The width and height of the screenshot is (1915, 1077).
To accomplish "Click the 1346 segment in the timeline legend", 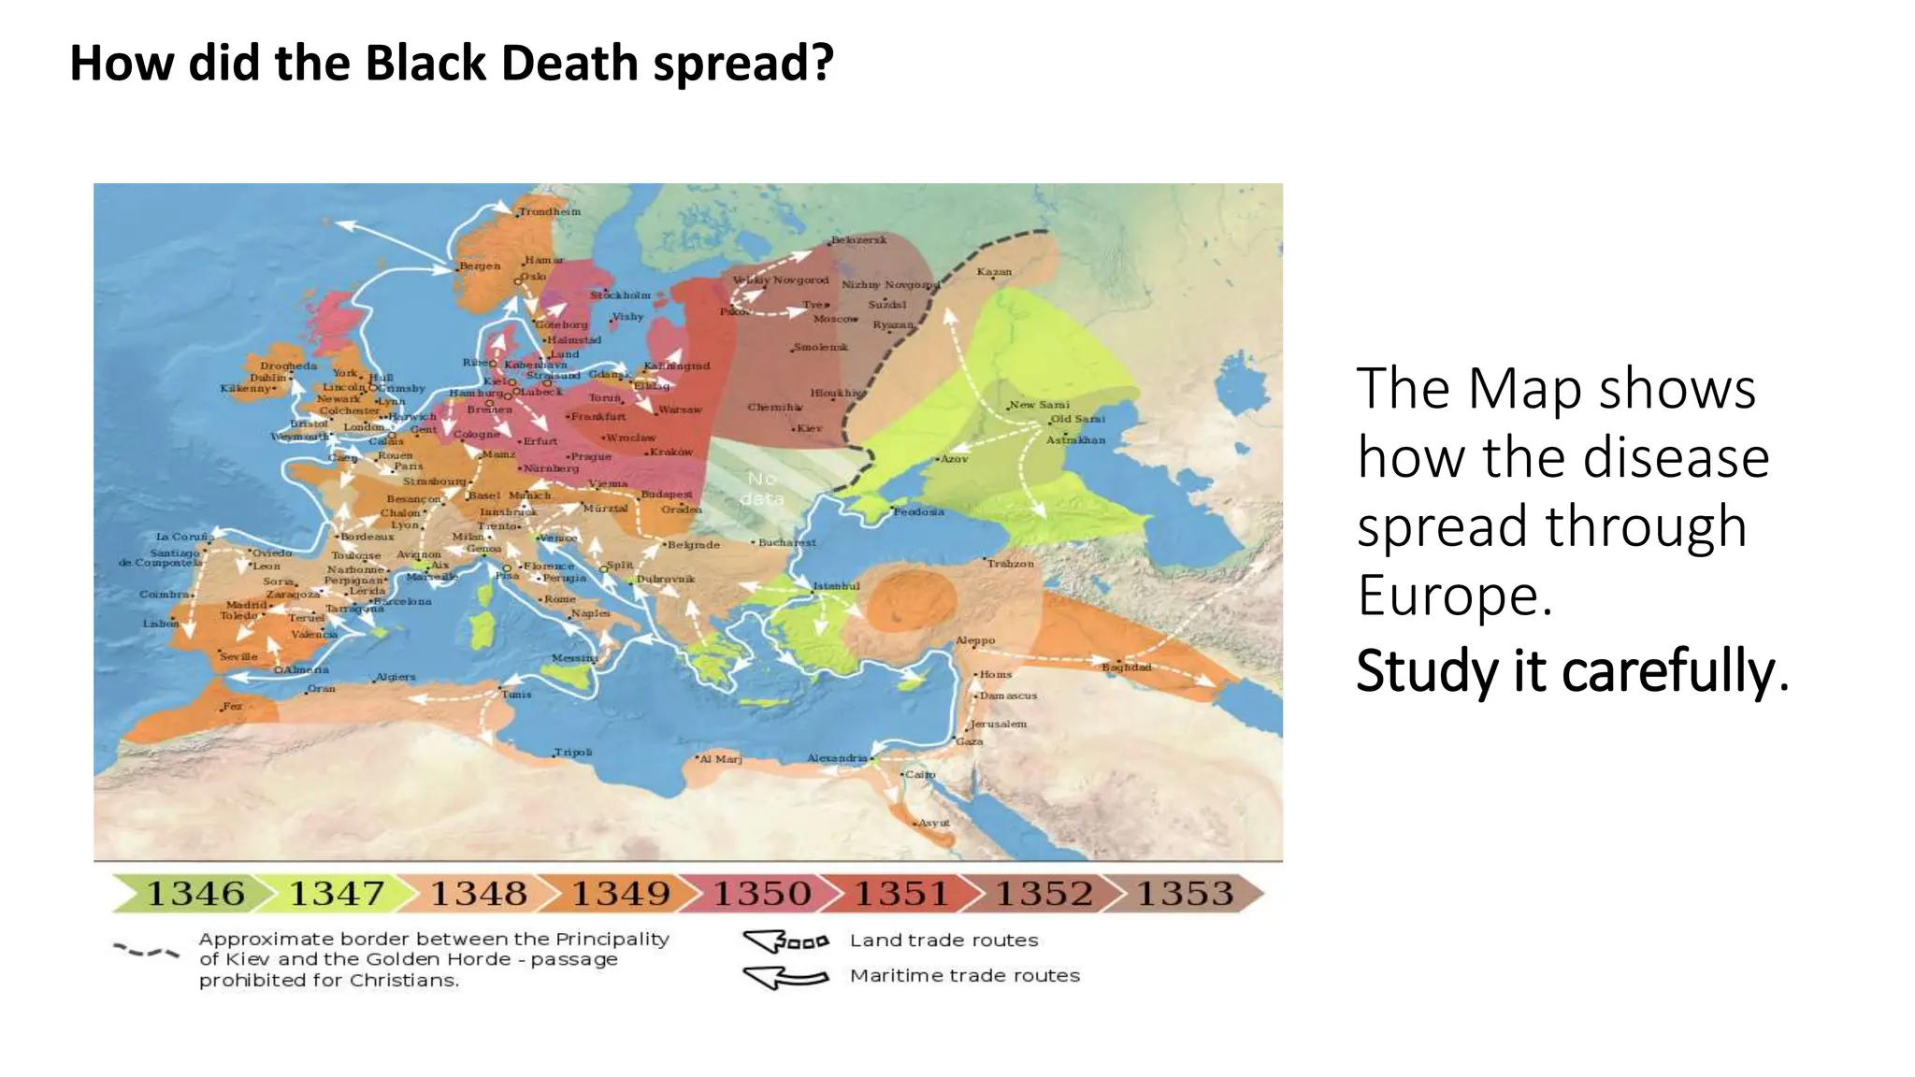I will coord(194,894).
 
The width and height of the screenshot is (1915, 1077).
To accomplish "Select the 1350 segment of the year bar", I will coord(762,894).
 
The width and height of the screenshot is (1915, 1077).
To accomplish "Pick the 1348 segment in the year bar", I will coord(478,894).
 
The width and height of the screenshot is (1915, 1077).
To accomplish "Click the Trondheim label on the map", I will coord(550,212).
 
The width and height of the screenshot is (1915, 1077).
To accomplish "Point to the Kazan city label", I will coord(994,272).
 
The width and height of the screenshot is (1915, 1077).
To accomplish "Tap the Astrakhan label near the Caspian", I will coord(1075,440).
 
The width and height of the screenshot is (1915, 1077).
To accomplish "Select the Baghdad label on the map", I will coord(1126,668).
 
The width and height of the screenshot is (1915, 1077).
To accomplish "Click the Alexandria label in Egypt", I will coord(837,758).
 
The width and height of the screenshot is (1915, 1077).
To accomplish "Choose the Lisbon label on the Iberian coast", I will coord(160,624).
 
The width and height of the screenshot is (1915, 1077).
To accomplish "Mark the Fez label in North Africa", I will coord(232,707).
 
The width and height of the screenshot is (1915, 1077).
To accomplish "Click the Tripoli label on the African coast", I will coord(573,753).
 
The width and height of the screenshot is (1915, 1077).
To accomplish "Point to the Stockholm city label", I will coord(620,295).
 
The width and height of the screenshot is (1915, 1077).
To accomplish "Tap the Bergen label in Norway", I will coord(480,266).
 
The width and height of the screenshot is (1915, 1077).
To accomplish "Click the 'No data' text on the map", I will coord(762,488).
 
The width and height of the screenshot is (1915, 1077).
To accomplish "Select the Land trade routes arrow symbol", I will coord(785,941).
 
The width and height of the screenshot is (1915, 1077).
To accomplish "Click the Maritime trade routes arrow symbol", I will coord(785,977).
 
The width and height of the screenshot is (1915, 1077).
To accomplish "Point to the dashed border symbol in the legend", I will coord(146,952).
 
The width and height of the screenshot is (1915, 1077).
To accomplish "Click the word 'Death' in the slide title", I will coord(570,64).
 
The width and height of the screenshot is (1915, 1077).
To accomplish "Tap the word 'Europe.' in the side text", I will coord(1455,596).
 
